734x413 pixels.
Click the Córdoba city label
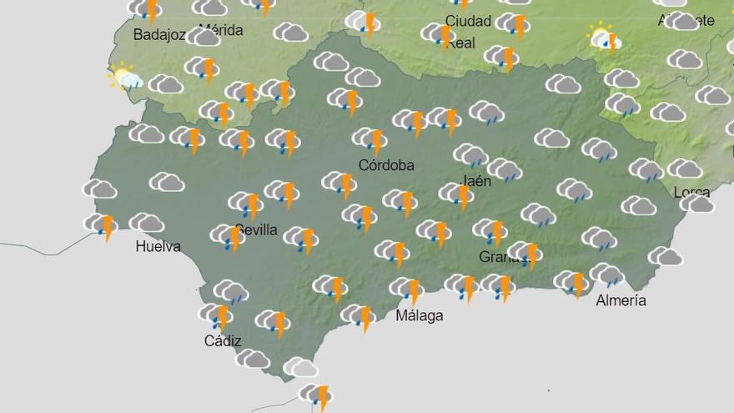pyautogui.click(x=386, y=165)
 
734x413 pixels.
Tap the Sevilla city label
pyautogui.click(x=256, y=229)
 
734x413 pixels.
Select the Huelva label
pyautogui.click(x=158, y=246)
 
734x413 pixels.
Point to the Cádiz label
pyautogui.click(x=223, y=340)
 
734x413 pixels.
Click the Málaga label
pyautogui.click(x=420, y=315)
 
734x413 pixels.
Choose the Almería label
pyautogui.click(x=621, y=300)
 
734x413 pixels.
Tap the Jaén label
pyautogui.click(x=475, y=180)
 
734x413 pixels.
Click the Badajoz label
pyautogui.click(x=158, y=34)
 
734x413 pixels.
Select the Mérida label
pyautogui.click(x=221, y=30)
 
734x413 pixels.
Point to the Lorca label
pyautogui.click(x=691, y=192)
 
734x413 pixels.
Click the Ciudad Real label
pyautogui.click(x=468, y=31)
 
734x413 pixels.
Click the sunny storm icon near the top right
pyautogui.click(x=604, y=38)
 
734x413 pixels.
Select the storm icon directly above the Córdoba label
pyautogui.click(x=370, y=139)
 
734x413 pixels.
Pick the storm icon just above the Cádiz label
pyautogui.click(x=216, y=315)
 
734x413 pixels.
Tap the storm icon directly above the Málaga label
pyautogui.click(x=407, y=290)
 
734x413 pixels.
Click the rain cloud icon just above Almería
pyautogui.click(x=607, y=274)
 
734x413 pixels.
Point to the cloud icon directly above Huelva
pyautogui.click(x=147, y=222)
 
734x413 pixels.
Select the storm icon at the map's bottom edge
pyautogui.click(x=316, y=395)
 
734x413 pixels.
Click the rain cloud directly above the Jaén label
pyautogui.click(x=470, y=155)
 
